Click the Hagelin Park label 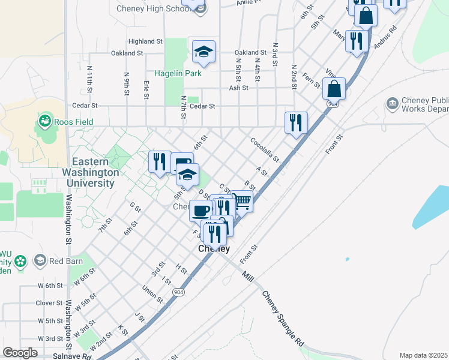click(x=178, y=73)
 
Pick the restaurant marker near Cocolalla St click(x=296, y=123)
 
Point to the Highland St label click(x=145, y=41)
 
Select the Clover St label click(x=49, y=303)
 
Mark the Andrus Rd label click(x=385, y=37)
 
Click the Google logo click(x=20, y=353)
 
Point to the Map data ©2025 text click(x=423, y=355)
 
